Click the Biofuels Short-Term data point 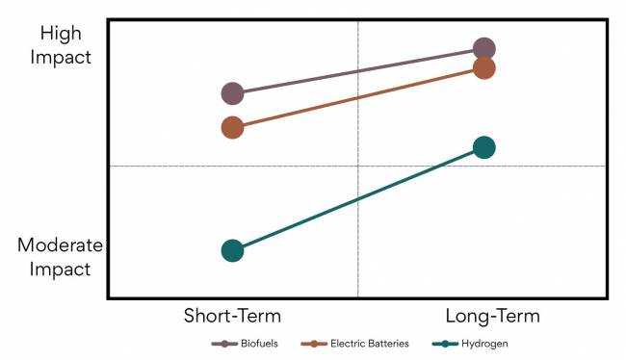[232, 93]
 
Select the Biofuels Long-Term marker [484, 49]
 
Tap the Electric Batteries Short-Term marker [232, 127]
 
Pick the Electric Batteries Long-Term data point [484, 68]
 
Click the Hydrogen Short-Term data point [232, 250]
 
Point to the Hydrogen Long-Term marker [484, 147]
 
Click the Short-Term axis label [232, 316]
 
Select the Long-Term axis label [492, 316]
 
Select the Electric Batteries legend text [370, 344]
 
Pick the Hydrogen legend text [484, 344]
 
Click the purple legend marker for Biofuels [224, 344]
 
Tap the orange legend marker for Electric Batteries [312, 344]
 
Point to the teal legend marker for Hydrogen [445, 344]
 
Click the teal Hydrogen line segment [358, 199]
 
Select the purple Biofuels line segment [358, 71]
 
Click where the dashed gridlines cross [358, 166]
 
